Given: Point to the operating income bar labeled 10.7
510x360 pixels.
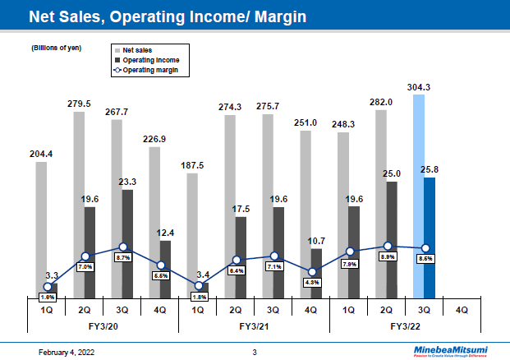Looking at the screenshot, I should point(316,272).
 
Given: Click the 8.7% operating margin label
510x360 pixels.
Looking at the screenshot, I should point(123,258).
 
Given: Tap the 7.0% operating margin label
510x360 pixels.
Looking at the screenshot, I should point(85,266).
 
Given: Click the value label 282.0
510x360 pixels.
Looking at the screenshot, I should point(380,102).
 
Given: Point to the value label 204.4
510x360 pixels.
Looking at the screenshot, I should point(39,153).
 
